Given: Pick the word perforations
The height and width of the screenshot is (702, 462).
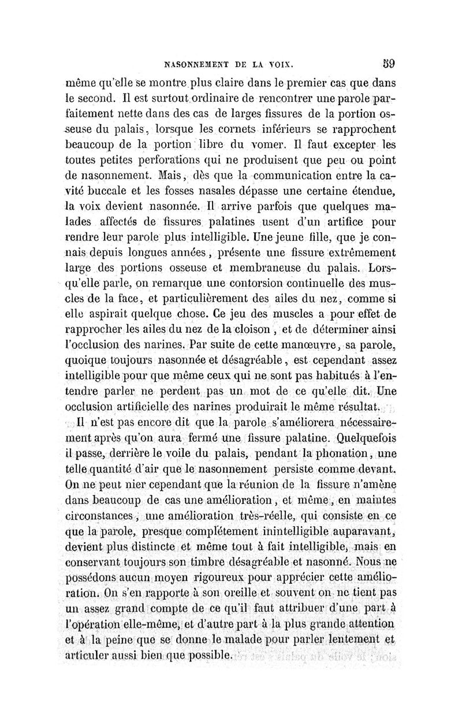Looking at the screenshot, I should pos(141,157).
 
